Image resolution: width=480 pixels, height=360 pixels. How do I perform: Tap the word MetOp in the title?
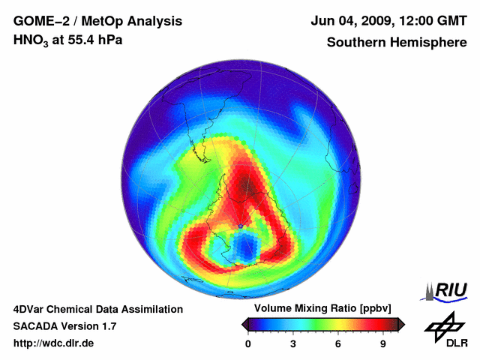coord(99,21)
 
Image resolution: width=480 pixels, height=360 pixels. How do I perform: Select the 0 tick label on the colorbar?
coord(248,344)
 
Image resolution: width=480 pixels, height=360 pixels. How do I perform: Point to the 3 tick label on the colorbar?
coord(293,344)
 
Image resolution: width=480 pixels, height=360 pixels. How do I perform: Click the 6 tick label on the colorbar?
coord(338,344)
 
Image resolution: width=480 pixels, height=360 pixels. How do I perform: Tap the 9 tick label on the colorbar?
coord(383,344)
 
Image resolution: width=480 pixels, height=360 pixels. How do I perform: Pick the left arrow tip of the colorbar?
coord(243,324)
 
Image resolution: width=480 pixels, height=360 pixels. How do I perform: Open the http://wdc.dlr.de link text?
coord(54,343)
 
